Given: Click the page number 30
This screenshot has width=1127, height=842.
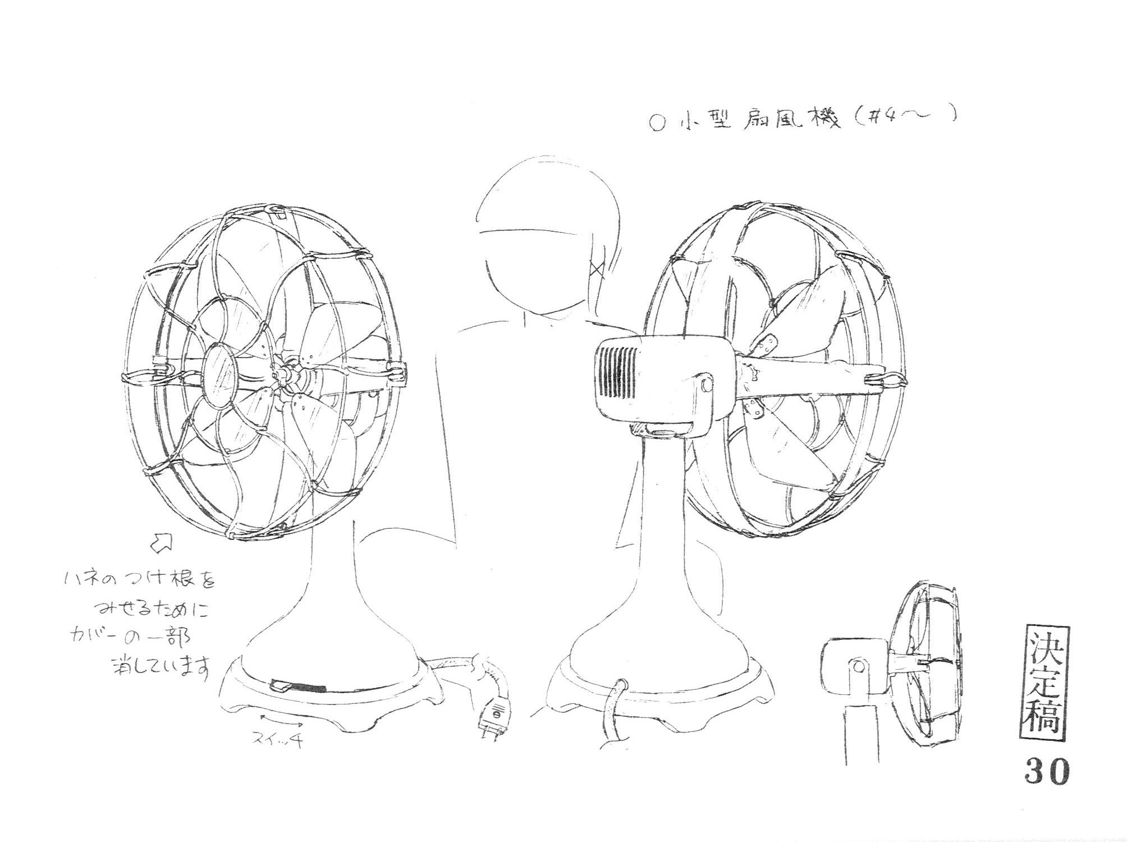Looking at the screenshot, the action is pyautogui.click(x=1047, y=773).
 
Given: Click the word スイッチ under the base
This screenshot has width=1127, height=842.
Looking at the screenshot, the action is pyautogui.click(x=278, y=740).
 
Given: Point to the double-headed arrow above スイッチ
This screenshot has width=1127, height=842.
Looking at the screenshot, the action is pyautogui.click(x=278, y=720).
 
